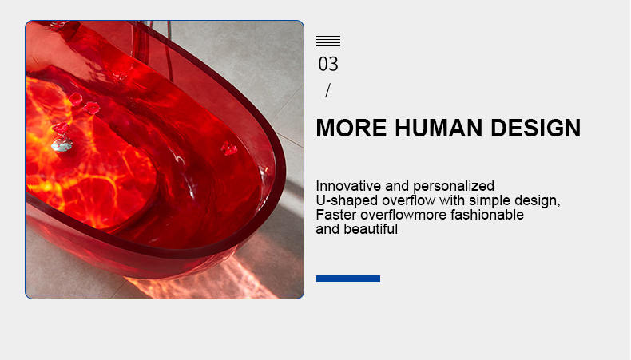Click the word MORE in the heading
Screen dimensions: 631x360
351,128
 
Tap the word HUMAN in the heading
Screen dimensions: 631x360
439,128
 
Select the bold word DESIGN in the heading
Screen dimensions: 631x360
536,128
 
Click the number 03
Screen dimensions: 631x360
328,65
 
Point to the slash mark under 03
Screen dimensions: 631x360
328,90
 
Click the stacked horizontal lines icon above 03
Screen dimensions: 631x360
328,41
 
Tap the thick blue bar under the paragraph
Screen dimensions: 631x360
348,279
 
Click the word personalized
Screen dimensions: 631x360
454,186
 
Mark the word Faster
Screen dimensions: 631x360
336,215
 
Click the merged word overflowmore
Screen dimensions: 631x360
403,215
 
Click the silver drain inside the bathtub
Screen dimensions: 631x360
62,145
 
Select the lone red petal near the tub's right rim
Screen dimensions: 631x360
229,148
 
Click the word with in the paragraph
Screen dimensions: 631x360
452,200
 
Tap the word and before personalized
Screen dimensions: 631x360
397,186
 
